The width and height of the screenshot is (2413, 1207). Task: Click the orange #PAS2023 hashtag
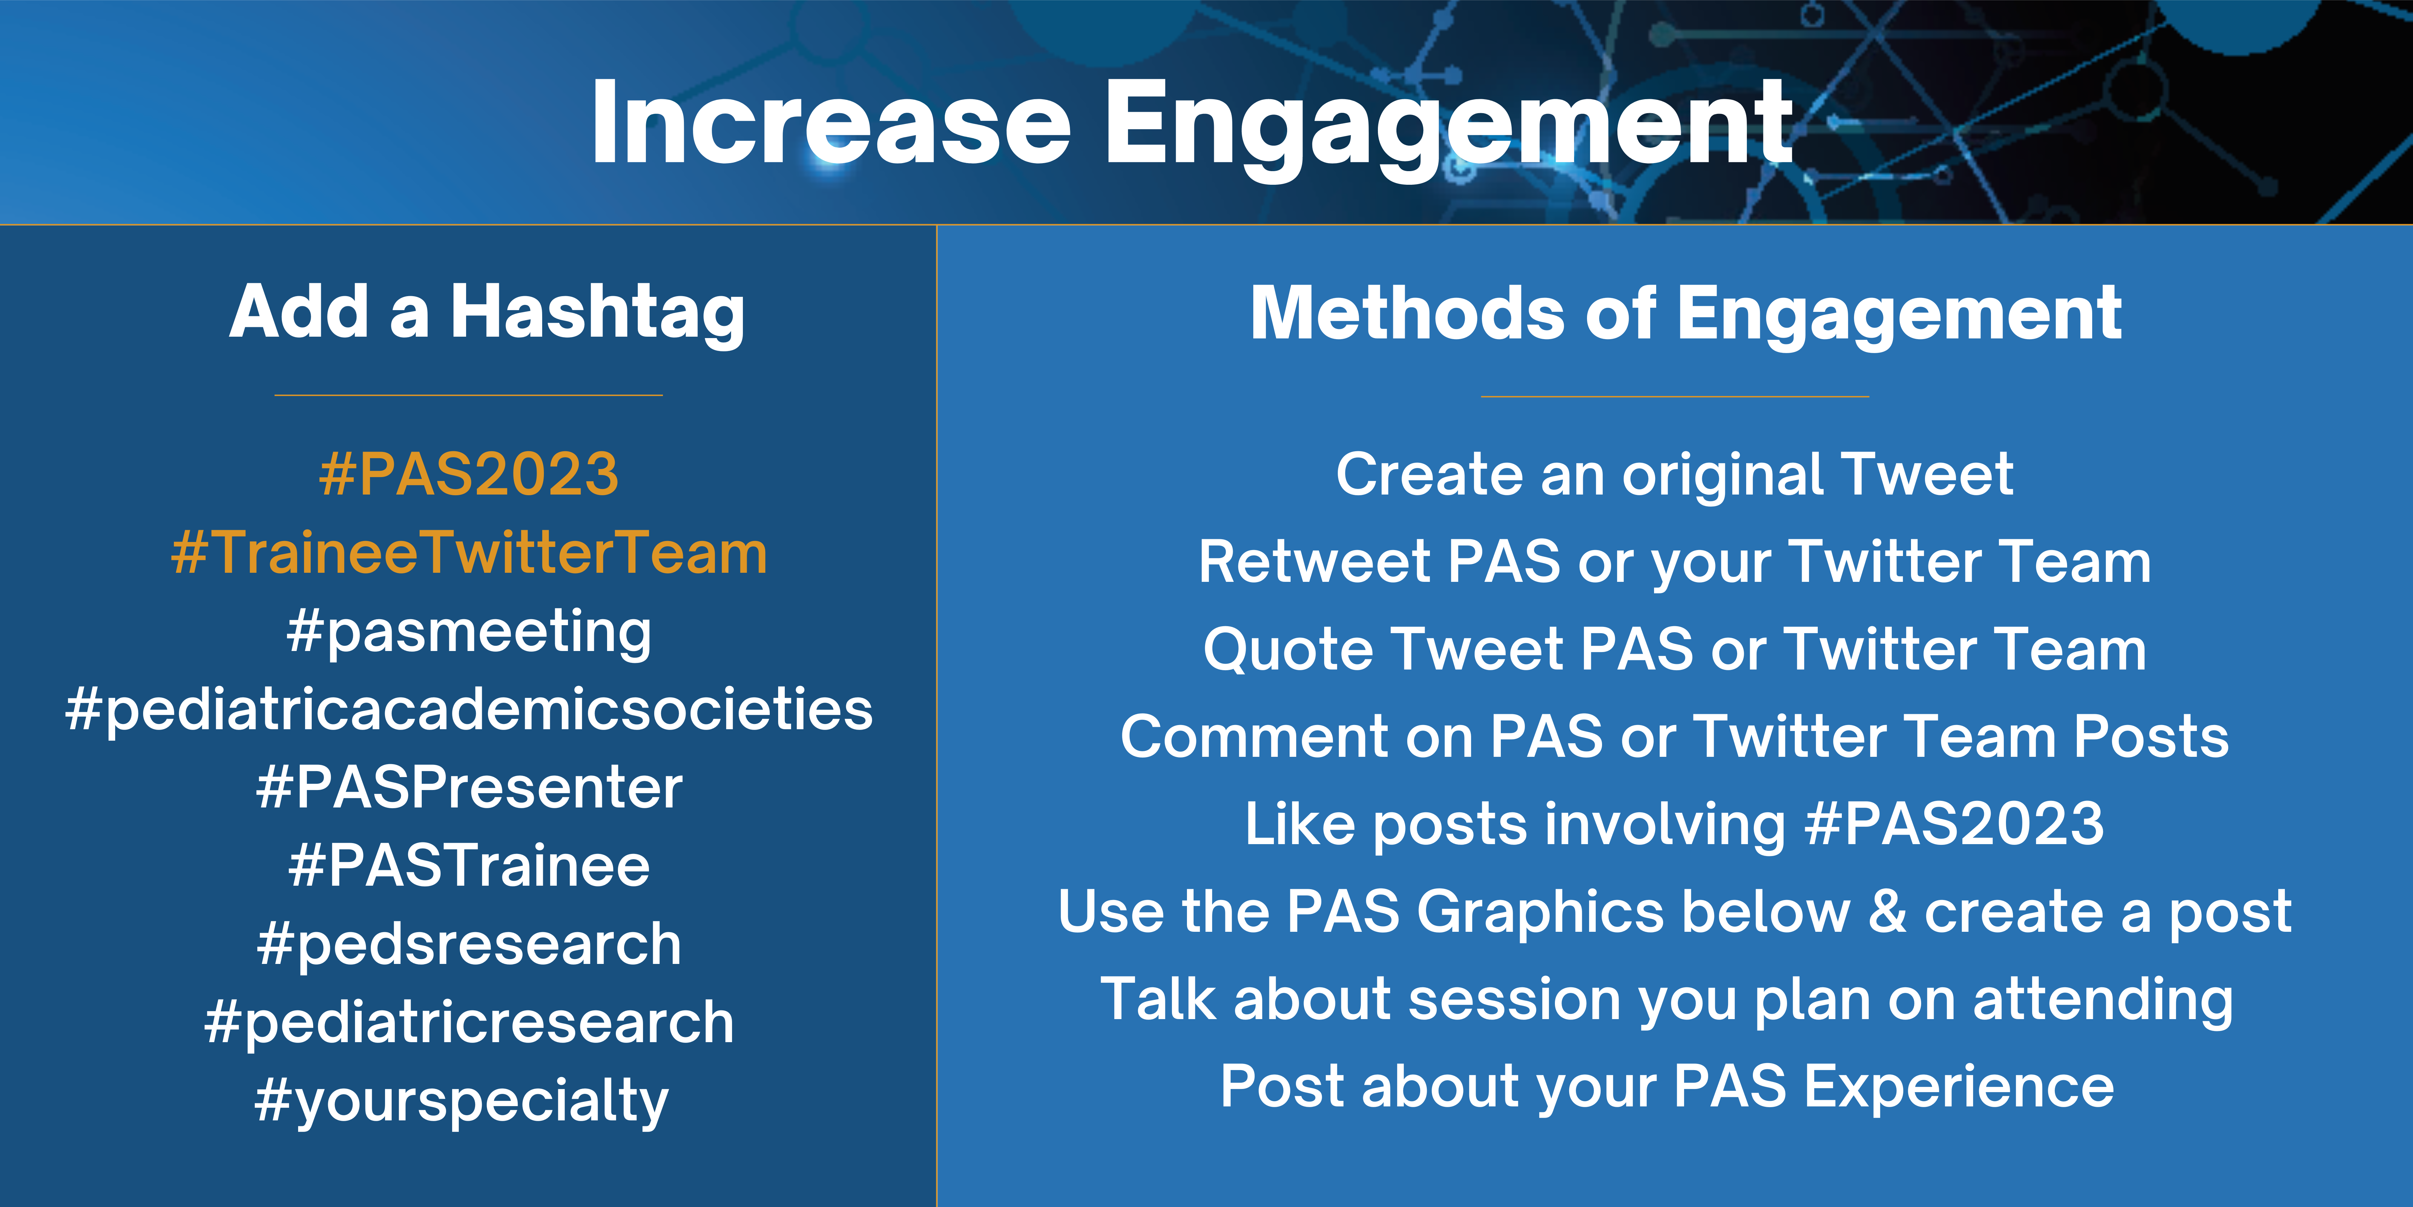(x=468, y=474)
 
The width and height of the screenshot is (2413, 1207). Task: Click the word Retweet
(x=1314, y=562)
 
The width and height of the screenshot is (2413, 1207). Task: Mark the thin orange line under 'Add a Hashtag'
(x=468, y=395)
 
